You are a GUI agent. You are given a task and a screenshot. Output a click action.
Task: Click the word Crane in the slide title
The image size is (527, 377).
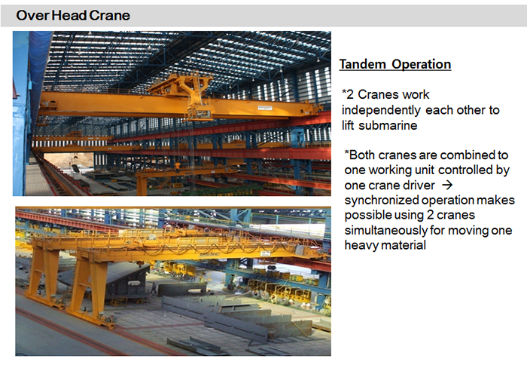(x=110, y=16)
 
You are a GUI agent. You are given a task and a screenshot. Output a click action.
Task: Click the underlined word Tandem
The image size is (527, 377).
(x=363, y=64)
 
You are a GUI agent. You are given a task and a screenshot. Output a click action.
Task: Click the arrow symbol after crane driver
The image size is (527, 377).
(x=447, y=185)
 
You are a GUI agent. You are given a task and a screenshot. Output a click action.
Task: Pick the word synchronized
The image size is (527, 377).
(x=382, y=201)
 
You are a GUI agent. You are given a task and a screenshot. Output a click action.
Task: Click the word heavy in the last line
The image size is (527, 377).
(x=361, y=245)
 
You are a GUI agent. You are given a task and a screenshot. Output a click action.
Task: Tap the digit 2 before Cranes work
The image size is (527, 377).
(x=350, y=95)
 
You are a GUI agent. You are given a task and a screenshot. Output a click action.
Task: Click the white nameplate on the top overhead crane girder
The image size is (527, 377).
(x=265, y=108)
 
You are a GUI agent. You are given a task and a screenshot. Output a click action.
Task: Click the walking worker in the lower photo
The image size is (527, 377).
(x=154, y=289)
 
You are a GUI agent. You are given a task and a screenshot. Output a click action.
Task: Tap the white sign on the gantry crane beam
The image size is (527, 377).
(x=266, y=253)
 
